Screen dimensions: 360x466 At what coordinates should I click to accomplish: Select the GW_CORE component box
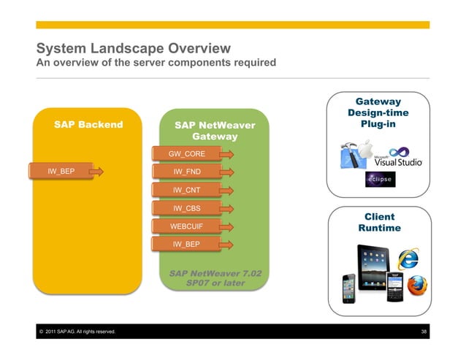click(x=186, y=154)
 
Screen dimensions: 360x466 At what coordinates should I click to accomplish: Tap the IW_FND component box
click(x=186, y=172)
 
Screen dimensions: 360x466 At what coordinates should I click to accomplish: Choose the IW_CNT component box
click(x=186, y=190)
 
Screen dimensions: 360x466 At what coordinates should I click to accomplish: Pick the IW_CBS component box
click(x=186, y=208)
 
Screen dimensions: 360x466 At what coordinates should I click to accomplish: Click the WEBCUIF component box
click(x=186, y=226)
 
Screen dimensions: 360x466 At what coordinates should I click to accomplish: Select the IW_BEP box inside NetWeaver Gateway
click(x=186, y=244)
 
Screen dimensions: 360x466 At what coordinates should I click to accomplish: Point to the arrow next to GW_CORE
click(x=227, y=154)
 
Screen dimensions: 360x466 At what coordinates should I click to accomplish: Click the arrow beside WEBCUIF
click(x=227, y=226)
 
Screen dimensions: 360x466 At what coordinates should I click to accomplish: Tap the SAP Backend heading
click(x=88, y=125)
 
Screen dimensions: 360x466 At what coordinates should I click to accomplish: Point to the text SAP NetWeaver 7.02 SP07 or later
click(x=215, y=278)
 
